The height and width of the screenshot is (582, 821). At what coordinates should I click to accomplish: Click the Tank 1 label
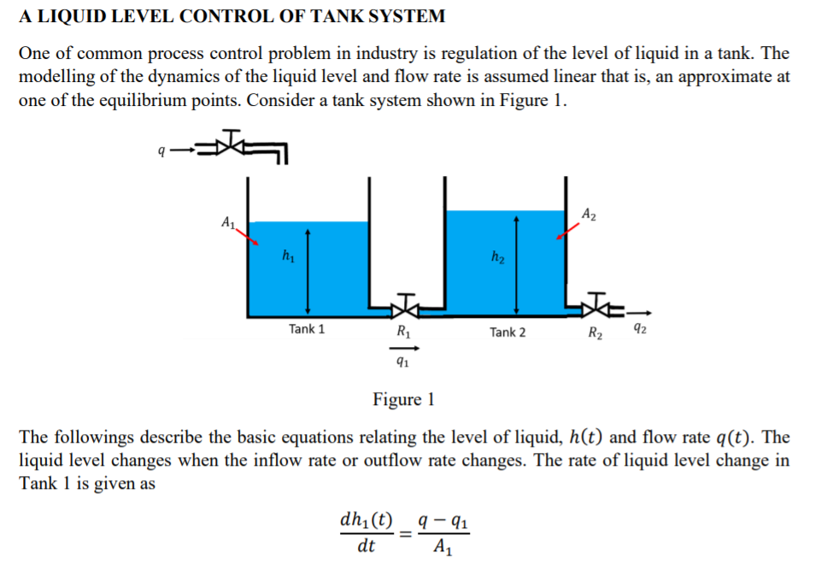tap(307, 329)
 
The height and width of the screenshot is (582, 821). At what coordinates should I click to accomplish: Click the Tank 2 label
tap(507, 332)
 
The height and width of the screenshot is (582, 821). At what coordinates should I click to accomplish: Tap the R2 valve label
tap(596, 333)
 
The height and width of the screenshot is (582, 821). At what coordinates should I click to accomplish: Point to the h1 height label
tap(288, 254)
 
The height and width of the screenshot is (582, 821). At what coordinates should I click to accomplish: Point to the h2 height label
tap(496, 256)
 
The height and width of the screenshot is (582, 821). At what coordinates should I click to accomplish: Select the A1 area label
tap(228, 223)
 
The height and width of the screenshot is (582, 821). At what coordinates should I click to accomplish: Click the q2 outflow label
tap(637, 331)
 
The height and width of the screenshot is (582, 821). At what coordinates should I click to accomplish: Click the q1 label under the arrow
tap(401, 362)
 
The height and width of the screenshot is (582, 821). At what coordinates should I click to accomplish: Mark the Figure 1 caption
tap(404, 399)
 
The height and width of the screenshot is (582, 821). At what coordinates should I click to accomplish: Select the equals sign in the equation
tap(405, 533)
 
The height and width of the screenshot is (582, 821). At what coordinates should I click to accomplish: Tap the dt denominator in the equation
tap(366, 547)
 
